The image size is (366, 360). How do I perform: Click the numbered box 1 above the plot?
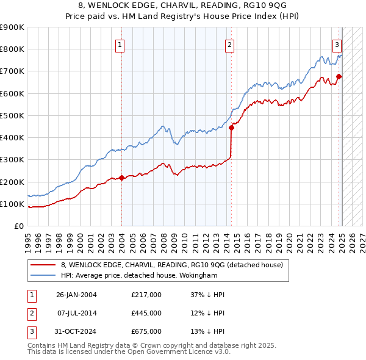(x=120, y=44)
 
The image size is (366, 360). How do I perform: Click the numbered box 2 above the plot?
(x=229, y=44)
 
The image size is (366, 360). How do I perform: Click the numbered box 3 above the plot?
(x=337, y=44)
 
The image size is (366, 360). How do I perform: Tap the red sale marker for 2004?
(x=121, y=178)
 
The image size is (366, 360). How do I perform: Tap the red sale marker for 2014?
(x=232, y=128)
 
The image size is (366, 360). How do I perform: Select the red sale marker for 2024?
(x=340, y=77)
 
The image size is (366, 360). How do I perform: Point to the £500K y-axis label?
(x=13, y=115)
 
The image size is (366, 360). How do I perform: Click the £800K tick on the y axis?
(x=13, y=49)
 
